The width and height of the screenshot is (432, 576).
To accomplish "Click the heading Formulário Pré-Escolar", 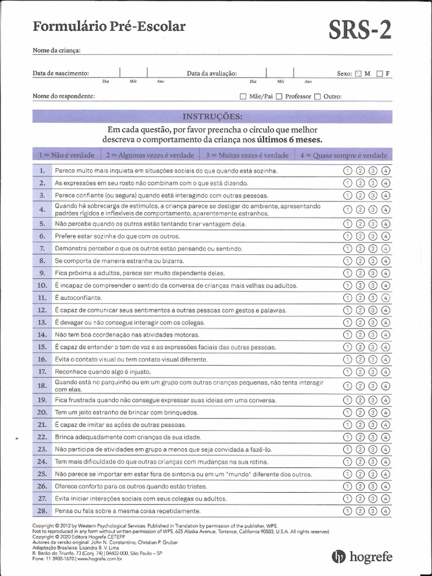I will point(109,26).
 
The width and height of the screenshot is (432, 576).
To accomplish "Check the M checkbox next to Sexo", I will point(358,74).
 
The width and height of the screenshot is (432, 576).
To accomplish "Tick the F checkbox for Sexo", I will point(380,74).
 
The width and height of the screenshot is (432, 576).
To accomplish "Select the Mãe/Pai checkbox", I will point(243,96).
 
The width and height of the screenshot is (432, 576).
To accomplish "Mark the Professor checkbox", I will point(280,96).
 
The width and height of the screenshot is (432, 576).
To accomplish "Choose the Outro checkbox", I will point(317,96).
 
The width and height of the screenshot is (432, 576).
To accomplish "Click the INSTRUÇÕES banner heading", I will point(213,116).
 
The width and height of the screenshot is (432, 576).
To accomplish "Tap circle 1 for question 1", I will point(347,170).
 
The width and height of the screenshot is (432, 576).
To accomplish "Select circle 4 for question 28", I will point(385,511).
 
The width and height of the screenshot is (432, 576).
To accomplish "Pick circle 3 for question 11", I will point(372,298).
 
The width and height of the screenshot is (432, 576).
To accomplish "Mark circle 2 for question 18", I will point(360,386).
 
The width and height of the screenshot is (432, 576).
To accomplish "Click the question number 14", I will point(42,334).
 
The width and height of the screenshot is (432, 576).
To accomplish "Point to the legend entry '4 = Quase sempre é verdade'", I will point(343,155).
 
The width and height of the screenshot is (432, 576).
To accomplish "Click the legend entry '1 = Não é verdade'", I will point(58,155).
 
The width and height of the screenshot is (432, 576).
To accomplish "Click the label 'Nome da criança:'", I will point(57,51).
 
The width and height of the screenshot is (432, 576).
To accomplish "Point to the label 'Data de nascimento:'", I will point(61,73).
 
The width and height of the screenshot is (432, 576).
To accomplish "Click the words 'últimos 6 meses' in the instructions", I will point(290,139).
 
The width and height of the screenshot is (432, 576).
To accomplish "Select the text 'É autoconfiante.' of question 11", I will point(78,298).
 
